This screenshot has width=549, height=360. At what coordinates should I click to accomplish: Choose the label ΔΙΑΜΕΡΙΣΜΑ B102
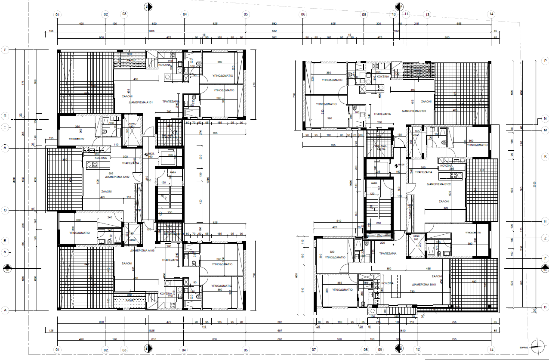pyautogui.click(x=438, y=184)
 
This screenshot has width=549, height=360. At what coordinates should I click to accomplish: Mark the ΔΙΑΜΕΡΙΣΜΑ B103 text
pyautogui.click(x=414, y=111)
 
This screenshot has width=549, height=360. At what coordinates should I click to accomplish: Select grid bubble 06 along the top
pyautogui.click(x=303, y=14)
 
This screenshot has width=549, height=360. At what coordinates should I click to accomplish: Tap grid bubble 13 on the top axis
pyautogui.click(x=427, y=14)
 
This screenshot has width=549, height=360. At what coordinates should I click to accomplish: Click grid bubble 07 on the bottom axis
pyautogui.click(x=314, y=349)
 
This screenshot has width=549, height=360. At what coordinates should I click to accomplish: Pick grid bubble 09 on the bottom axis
pyautogui.click(x=379, y=349)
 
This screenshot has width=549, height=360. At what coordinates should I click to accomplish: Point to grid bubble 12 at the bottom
pyautogui.click(x=417, y=349)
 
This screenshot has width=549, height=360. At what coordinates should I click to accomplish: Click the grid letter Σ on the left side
pyautogui.click(x=6, y=50)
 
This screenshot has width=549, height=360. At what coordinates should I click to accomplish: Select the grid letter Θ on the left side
pyautogui.click(x=6, y=210)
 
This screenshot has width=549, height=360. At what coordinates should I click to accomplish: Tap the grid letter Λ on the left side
pyautogui.click(x=6, y=147)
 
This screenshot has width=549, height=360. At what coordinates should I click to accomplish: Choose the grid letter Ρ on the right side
pyautogui.click(x=545, y=62)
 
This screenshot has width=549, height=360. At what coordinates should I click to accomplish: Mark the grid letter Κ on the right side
pyautogui.click(x=545, y=156)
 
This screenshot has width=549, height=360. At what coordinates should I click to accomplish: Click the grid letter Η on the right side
pyautogui.click(x=545, y=221)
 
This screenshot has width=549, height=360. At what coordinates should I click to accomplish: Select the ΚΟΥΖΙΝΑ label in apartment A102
pyautogui.click(x=101, y=158)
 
